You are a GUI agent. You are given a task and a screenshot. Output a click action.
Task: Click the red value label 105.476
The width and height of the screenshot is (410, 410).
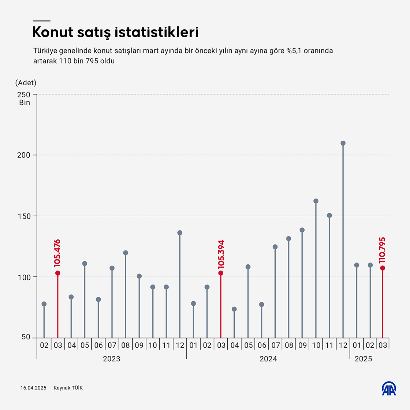coord(57,253)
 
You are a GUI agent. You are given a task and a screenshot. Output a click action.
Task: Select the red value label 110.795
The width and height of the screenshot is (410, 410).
coord(382,250)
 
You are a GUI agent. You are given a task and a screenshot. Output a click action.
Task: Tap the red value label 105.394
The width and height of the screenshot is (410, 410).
coord(220,254)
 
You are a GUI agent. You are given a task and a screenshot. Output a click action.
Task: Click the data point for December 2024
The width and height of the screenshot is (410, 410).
coord(343,143)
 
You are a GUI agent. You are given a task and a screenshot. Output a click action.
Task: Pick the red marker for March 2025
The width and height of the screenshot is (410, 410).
coord(383,268)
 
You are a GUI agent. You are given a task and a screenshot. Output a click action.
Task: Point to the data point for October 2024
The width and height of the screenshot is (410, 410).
coord(316,201)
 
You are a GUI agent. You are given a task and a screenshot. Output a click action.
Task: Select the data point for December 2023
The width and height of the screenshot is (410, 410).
coord(180,233)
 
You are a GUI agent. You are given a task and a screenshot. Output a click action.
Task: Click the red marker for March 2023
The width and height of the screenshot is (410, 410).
coord(57,273)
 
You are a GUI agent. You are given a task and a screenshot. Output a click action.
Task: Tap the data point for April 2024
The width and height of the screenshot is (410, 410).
coord(234,309)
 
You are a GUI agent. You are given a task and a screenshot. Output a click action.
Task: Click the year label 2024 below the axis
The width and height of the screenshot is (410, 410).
coord(268,359)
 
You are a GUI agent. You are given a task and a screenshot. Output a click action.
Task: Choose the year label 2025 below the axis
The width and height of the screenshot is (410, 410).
coord(363,359)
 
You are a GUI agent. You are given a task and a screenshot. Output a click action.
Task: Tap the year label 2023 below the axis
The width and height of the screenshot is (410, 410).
coord(111,359)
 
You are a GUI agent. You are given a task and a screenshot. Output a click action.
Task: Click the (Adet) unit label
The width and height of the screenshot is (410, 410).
coord(26,83)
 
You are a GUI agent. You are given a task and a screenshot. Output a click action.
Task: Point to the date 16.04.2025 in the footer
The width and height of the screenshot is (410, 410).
coord(33,388)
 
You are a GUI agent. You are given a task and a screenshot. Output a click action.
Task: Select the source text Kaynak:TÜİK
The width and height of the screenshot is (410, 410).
coord(68,388)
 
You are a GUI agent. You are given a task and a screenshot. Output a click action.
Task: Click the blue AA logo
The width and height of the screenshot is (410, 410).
coord(389,388)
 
